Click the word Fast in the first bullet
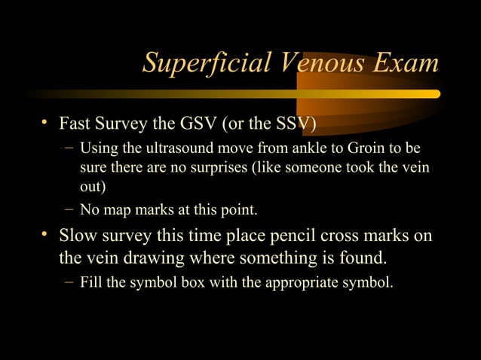coord(75,123)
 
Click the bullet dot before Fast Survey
coord(47,122)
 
